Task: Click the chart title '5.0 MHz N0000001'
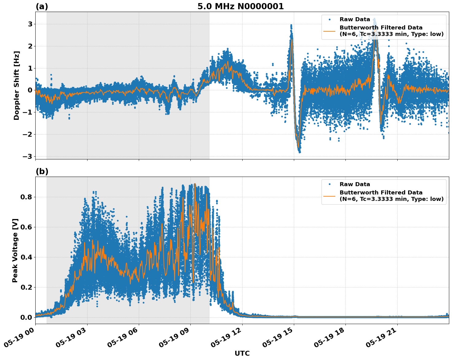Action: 240,6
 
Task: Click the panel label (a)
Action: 42,6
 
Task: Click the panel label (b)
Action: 42,171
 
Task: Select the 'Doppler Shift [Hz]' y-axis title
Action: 17,85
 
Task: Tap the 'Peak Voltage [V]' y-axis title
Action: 15,250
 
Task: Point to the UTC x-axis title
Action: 242,353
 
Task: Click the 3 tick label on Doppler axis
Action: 30,24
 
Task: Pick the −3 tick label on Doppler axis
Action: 27,156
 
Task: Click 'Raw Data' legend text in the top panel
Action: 355,19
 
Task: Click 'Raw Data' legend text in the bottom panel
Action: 355,184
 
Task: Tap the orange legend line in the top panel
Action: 329,31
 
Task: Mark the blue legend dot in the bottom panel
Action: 329,184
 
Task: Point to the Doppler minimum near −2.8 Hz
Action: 299,152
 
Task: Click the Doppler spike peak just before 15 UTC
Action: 291,25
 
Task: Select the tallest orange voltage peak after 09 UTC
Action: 195,184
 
